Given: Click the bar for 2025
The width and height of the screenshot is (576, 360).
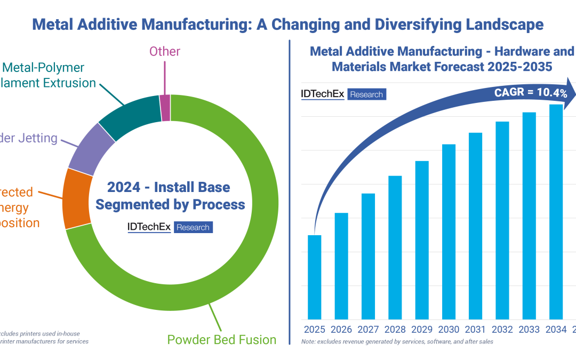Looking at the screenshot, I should point(315,277).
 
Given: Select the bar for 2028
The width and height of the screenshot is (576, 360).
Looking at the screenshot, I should point(395,247).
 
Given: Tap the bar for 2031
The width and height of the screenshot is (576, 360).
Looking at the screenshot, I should point(475,226).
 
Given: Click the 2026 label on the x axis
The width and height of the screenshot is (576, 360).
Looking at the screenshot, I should point(341,330).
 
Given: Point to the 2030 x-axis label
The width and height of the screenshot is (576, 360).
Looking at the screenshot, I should point(449,330).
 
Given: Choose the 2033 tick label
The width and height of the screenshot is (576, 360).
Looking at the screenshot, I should point(529,330).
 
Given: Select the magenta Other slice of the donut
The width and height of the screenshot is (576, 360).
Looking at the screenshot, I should point(165,108).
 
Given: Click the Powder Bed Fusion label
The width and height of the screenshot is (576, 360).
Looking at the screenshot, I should point(221,340).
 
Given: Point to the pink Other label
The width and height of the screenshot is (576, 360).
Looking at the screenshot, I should point(165,52).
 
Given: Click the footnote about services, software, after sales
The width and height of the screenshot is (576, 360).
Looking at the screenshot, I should point(397,341).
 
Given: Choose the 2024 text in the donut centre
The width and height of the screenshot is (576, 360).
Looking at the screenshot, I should point(124,187).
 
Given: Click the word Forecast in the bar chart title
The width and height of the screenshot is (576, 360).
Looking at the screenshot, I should point(442,67).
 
